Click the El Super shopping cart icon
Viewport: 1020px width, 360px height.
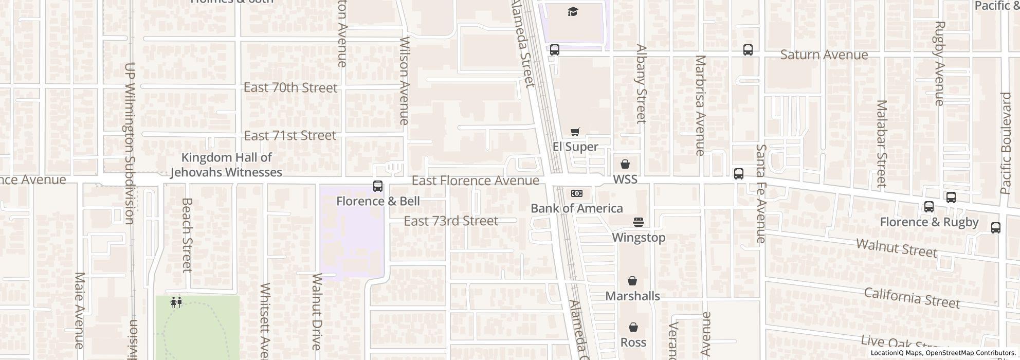tap(575, 132)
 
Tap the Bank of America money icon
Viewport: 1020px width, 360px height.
tap(576, 193)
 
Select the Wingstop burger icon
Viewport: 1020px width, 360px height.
tap(639, 222)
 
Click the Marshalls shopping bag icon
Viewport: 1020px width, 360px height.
tap(632, 281)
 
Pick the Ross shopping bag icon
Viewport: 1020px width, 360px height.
tap(633, 327)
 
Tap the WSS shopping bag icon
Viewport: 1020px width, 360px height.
tap(625, 164)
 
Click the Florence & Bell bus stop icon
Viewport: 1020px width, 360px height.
tap(378, 186)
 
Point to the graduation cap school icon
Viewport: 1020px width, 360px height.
tap(573, 11)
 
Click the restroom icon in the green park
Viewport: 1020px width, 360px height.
tap(176, 302)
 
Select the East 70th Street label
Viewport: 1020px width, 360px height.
tap(290, 87)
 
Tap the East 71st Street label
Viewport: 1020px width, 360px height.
tap(290, 135)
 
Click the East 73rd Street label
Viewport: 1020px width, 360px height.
tap(451, 221)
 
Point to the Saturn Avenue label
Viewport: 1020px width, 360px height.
tap(824, 55)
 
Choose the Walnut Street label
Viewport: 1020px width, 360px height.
tap(897, 247)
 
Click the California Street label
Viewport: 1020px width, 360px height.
tap(912, 298)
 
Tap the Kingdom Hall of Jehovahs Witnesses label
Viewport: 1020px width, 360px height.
tap(226, 165)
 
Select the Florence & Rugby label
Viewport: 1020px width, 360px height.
tap(929, 222)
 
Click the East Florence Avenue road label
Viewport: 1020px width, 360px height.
tap(476, 181)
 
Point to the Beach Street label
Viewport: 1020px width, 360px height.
tap(187, 235)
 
